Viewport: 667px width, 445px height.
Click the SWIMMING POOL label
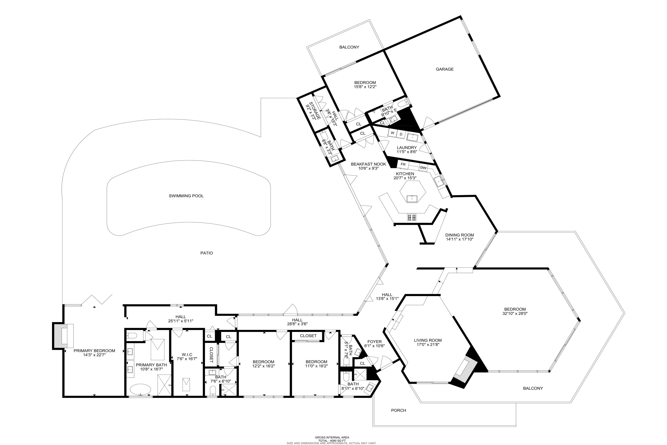click(186, 196)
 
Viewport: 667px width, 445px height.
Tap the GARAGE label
click(445, 69)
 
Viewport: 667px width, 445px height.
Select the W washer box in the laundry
click(392, 133)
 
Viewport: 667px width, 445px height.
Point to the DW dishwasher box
click(423, 168)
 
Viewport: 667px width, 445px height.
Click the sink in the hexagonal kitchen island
click(412, 199)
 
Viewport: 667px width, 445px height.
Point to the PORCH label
click(399, 410)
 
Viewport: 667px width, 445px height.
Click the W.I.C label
click(187, 355)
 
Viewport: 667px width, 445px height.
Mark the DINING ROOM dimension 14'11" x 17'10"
click(459, 239)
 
